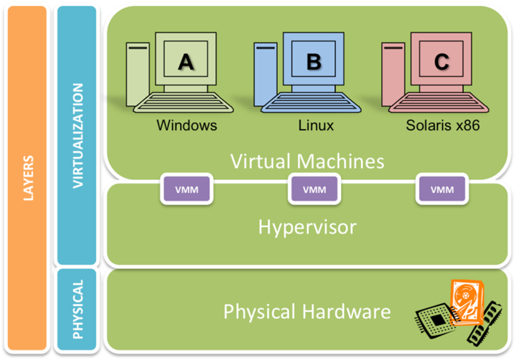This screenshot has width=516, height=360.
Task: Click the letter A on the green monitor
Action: pyautogui.click(x=185, y=61)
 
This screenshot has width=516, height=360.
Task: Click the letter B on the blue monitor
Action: pyautogui.click(x=313, y=61)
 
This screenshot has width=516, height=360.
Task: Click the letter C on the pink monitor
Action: pyautogui.click(x=441, y=61)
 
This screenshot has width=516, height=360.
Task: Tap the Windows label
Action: pyautogui.click(x=186, y=125)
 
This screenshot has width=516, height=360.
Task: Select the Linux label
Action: pyautogui.click(x=316, y=125)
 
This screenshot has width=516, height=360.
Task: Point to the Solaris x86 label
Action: pyautogui.click(x=443, y=125)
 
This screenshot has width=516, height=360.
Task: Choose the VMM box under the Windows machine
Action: pyautogui.click(x=186, y=189)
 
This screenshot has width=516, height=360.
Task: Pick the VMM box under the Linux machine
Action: pyautogui.click(x=314, y=189)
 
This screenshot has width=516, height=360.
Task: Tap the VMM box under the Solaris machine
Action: pyautogui.click(x=442, y=189)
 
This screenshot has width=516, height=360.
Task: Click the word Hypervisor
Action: pyautogui.click(x=307, y=226)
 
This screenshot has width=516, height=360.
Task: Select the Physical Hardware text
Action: pyautogui.click(x=307, y=312)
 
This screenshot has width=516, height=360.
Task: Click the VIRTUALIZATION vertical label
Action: pyautogui.click(x=78, y=135)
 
